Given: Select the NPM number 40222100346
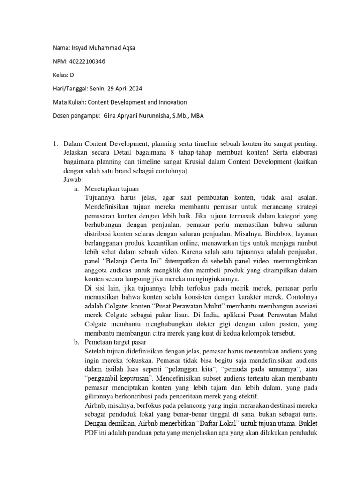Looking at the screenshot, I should pos(87,61).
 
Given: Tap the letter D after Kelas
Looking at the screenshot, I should pos(72,75).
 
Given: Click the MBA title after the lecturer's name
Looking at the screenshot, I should pos(196,115).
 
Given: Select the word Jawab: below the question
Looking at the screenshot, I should pos(73,180).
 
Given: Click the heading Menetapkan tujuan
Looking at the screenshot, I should pos(107,189).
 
